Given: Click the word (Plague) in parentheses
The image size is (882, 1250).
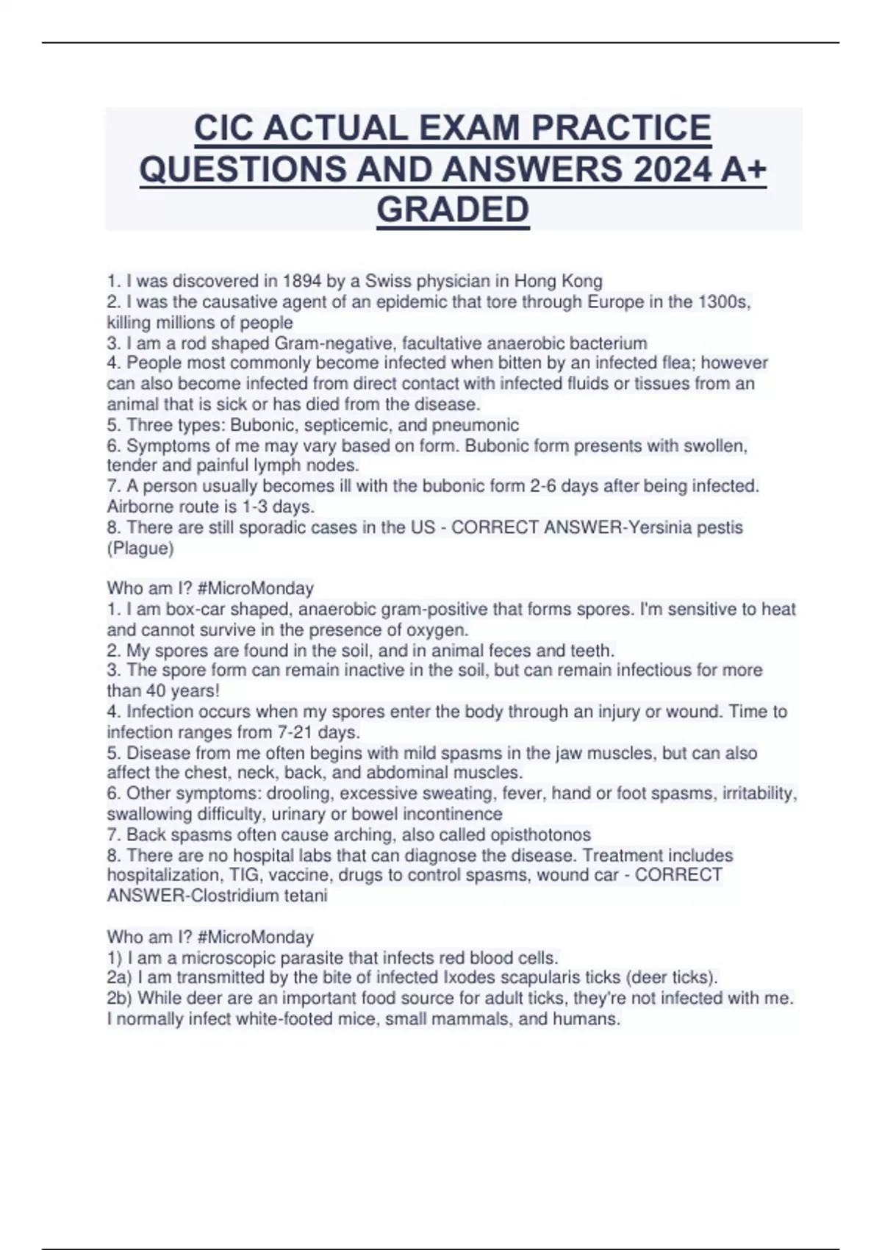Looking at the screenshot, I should pyautogui.click(x=140, y=548).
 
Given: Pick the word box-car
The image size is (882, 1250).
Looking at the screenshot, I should pyautogui.click(x=196, y=609).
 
